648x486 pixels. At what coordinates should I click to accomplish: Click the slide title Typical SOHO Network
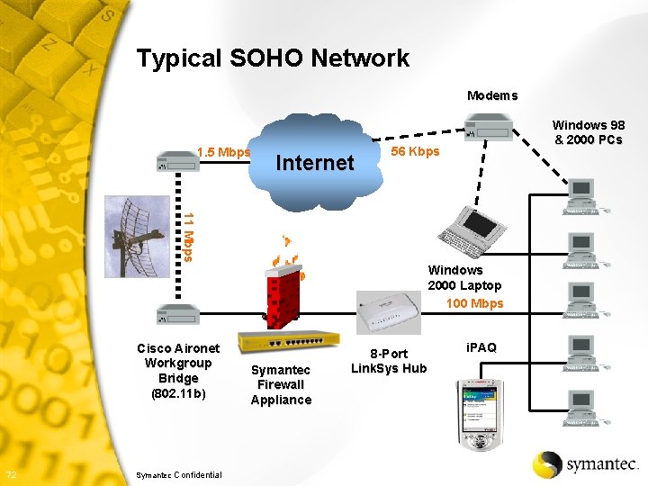tap(273, 59)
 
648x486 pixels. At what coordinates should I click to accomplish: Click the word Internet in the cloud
tap(314, 163)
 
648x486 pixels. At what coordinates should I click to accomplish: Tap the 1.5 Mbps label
tap(222, 152)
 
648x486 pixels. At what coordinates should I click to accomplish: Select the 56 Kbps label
tap(415, 151)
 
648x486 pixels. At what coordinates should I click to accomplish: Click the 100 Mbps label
tap(474, 303)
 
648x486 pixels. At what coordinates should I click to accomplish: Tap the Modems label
tap(492, 95)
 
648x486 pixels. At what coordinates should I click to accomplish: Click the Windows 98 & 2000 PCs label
tap(588, 132)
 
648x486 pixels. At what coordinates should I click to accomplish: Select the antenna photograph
tap(137, 237)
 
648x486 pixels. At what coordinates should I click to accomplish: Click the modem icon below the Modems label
tap(489, 129)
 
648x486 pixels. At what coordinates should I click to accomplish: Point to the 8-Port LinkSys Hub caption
tap(389, 361)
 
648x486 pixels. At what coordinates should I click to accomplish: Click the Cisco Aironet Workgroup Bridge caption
tap(178, 371)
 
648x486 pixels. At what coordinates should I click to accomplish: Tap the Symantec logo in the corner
tap(585, 463)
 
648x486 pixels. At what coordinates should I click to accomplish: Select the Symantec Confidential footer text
tap(176, 474)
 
